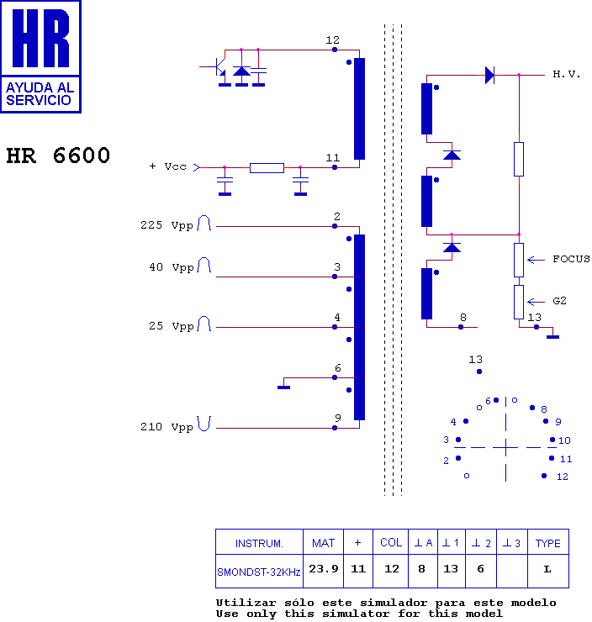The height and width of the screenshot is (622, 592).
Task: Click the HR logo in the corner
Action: point(40,56)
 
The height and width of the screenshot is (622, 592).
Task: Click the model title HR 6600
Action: point(58,156)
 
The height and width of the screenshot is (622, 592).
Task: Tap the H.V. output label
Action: point(566,75)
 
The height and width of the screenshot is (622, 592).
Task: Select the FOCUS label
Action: point(571,259)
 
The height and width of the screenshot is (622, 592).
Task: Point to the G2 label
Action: point(559,300)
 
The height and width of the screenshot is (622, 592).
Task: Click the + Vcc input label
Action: point(168,167)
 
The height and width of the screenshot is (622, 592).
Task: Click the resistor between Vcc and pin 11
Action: point(267,168)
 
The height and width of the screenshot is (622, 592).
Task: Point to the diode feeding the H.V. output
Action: point(489,76)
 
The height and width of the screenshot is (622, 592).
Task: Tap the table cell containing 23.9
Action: point(323,569)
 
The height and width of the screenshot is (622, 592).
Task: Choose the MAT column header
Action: point(323,543)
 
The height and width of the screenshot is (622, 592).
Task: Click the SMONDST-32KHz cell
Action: point(258,571)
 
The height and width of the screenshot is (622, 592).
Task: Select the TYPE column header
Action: point(547,543)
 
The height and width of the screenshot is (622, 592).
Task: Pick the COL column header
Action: point(390,543)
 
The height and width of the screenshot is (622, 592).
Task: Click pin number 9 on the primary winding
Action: point(336,419)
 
